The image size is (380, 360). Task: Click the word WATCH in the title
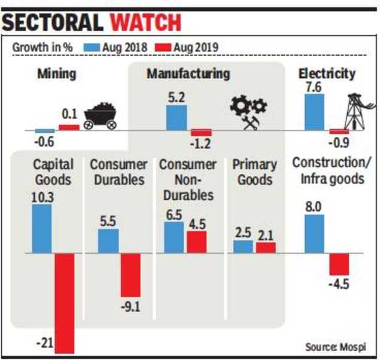146,22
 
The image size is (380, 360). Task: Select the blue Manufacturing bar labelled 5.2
176,118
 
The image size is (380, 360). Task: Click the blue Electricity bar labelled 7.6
314,111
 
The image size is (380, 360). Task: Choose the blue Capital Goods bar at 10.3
41,228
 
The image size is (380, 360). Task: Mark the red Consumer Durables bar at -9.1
130,275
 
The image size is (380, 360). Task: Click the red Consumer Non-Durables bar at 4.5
196,242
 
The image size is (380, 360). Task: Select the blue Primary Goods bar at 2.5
242,246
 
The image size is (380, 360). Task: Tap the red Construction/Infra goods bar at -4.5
339,264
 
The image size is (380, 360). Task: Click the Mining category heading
56,74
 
